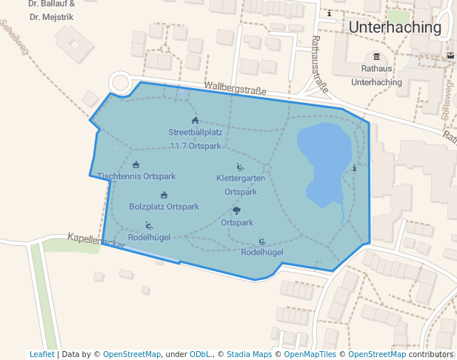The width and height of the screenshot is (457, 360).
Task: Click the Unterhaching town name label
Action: [x=394, y=28]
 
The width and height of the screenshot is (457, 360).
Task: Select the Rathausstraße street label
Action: [x=321, y=63]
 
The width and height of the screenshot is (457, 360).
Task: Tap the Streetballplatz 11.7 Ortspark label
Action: [x=196, y=139]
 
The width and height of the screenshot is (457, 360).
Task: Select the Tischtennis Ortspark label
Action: [x=136, y=176]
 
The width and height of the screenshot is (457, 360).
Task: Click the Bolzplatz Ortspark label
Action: [x=164, y=207]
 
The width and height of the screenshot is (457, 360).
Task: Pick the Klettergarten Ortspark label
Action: [x=241, y=184]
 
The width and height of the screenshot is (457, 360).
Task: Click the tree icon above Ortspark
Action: [x=236, y=211]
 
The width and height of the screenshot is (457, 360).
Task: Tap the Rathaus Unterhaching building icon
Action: [x=376, y=57]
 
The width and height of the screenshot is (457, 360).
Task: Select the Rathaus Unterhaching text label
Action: [x=376, y=76]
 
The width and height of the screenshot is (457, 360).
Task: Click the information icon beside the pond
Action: [x=354, y=168]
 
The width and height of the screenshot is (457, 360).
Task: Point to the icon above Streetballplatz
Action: [x=195, y=121]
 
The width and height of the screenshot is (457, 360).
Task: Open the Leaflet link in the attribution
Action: [x=41, y=354]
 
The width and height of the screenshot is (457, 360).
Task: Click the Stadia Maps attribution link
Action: [x=249, y=354]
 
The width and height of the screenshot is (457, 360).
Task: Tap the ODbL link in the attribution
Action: [x=201, y=354]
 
